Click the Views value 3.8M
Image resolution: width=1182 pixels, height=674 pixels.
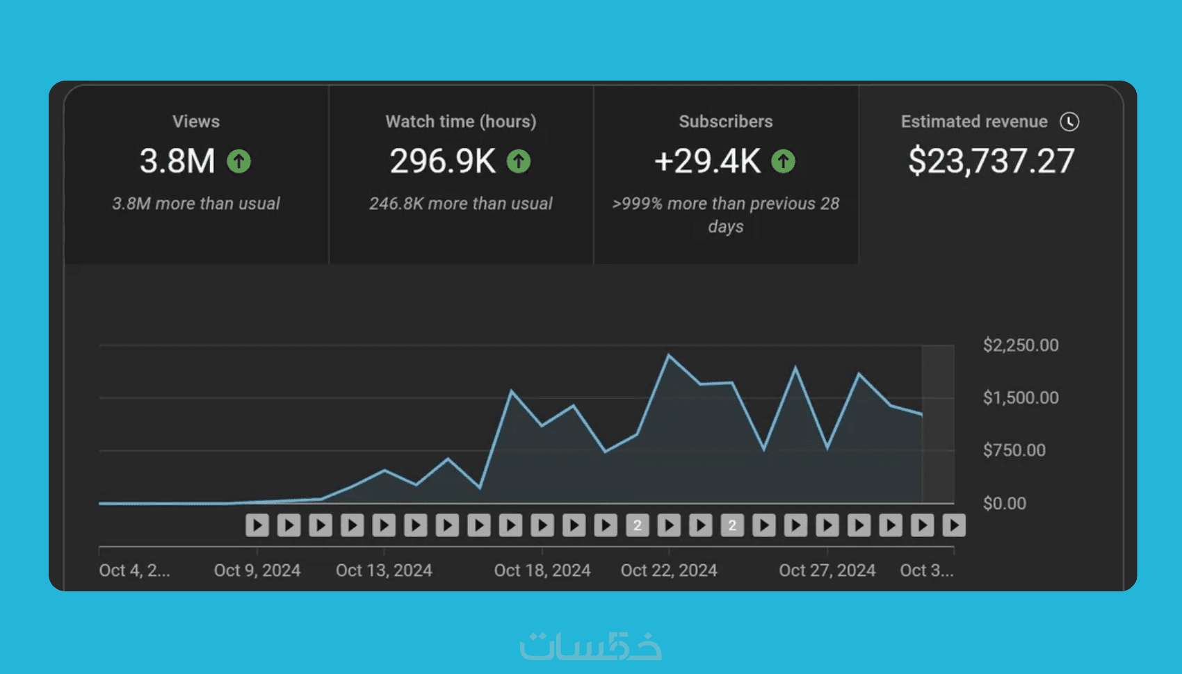click(178, 161)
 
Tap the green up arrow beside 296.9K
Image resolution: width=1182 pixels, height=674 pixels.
click(518, 161)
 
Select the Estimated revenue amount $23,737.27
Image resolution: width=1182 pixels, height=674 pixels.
click(991, 161)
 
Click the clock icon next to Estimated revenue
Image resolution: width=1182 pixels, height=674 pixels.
click(1069, 122)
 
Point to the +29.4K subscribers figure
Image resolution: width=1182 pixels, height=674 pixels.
click(708, 161)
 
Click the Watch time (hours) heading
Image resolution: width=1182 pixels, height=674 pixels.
click(461, 122)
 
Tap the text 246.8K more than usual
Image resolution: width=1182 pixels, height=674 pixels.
click(460, 204)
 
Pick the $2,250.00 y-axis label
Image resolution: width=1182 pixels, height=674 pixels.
click(1021, 345)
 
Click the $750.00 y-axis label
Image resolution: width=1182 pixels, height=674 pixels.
click(1014, 450)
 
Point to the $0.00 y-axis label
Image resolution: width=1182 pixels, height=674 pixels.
click(1005, 503)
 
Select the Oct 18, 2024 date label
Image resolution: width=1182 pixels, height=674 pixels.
click(542, 570)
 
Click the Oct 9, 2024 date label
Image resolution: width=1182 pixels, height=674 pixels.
click(257, 570)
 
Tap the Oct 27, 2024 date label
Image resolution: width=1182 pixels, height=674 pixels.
click(827, 570)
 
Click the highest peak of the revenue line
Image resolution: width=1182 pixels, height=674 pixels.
click(669, 355)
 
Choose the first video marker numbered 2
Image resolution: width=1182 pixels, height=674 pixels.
click(638, 525)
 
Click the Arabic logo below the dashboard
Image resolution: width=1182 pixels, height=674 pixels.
click(591, 646)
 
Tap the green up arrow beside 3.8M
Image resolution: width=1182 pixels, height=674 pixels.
click(238, 161)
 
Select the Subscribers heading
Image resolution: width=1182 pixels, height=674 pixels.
click(726, 122)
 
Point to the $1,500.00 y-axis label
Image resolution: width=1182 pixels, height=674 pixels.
click(1021, 397)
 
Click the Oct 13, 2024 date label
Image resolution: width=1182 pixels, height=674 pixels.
click(384, 570)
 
